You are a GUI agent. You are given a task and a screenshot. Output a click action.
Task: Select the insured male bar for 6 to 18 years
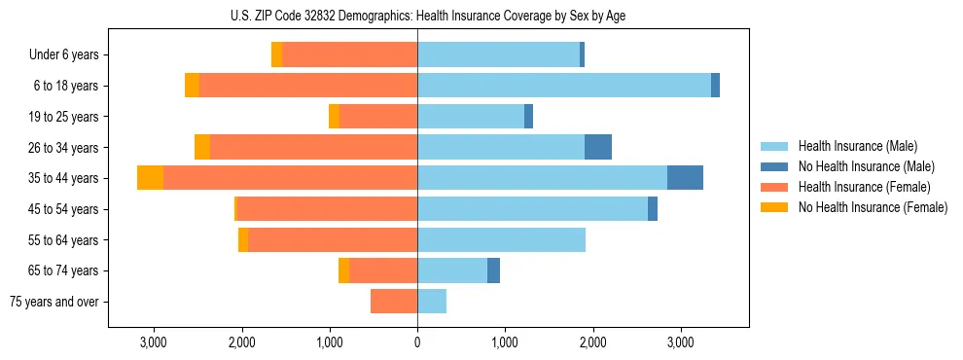(x=564, y=86)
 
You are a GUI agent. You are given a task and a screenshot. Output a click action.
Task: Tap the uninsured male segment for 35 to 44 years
(x=685, y=178)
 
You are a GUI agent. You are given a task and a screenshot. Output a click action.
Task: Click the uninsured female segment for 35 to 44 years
(x=150, y=178)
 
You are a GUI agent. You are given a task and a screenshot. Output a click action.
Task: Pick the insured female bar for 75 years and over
(x=394, y=302)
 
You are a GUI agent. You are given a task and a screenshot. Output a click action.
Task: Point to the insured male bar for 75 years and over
(x=432, y=302)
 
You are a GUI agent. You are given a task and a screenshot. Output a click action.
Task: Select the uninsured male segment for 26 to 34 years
(x=598, y=147)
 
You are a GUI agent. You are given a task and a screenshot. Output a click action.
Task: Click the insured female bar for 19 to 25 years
(x=378, y=117)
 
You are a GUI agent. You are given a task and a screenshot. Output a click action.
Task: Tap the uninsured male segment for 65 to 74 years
(x=493, y=270)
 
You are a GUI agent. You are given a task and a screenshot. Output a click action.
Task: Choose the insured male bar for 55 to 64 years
(x=501, y=239)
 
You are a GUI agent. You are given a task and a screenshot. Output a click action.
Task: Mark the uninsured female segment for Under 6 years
(x=277, y=54)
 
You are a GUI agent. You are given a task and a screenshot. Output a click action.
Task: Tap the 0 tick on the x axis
(x=417, y=342)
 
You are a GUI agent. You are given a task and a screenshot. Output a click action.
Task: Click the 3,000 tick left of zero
(x=154, y=342)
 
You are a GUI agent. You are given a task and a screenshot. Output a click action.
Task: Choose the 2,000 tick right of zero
(x=593, y=342)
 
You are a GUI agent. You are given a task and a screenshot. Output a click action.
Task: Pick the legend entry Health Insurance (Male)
(x=857, y=146)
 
